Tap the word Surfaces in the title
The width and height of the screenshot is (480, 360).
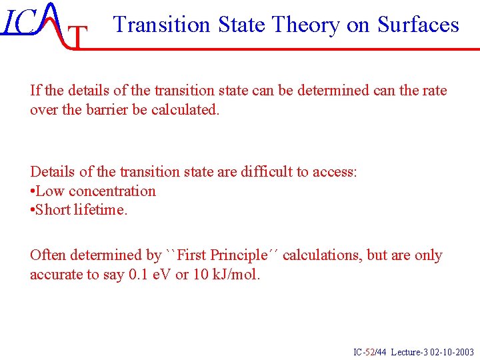click(418, 25)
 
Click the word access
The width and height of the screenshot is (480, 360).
click(333, 172)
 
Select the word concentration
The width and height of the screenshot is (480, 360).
click(112, 191)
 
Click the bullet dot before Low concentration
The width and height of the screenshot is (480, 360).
click(33, 192)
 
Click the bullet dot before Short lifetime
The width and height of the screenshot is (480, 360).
click(33, 211)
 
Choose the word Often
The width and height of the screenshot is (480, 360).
click(47, 255)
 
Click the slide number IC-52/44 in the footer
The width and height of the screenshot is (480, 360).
click(369, 352)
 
